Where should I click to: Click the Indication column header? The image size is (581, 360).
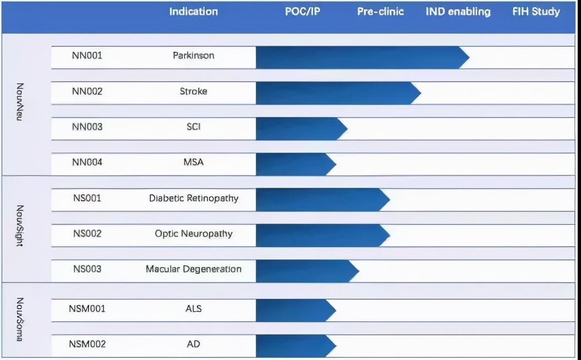(x=193, y=12)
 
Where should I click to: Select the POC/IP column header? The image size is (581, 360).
(x=303, y=12)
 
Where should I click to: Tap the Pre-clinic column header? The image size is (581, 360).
(x=380, y=12)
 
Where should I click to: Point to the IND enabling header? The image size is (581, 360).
(x=458, y=12)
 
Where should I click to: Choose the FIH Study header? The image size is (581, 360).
(x=536, y=12)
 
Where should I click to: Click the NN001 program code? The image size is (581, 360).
(x=87, y=56)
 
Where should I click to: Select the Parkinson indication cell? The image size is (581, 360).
(x=193, y=56)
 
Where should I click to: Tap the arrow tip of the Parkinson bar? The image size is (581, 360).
(x=466, y=57)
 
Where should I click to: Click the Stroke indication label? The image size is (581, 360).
(x=193, y=91)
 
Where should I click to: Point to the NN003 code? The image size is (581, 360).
(x=87, y=127)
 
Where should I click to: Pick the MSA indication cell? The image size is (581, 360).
(x=193, y=162)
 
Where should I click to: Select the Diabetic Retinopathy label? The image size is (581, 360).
(x=193, y=198)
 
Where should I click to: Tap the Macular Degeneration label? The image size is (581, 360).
(x=193, y=269)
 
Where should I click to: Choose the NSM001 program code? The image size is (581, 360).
(x=87, y=308)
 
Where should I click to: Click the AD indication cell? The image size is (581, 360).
(x=193, y=344)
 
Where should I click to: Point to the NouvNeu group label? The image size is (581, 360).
(x=20, y=102)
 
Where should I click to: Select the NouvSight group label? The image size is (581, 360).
(x=20, y=226)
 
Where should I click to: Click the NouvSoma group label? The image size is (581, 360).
(x=20, y=319)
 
